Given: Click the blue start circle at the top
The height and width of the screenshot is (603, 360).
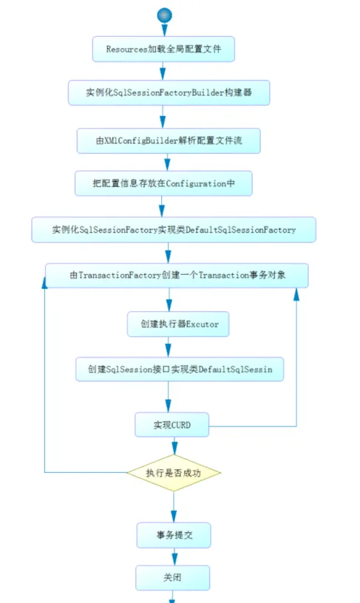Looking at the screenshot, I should coord(164,15).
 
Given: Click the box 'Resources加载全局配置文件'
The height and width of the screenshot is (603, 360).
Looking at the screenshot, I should coord(163,49).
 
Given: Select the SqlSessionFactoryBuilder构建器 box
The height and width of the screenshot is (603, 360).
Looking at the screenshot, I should coord(168,94).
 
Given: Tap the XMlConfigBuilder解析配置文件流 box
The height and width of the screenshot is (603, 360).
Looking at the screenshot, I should coord(169,140).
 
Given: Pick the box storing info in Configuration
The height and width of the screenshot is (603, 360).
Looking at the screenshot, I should coord(163,183).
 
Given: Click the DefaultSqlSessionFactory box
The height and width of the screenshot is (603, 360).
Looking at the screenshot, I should coord(174,230).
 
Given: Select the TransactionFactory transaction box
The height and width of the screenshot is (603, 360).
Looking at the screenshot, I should coord(177,275).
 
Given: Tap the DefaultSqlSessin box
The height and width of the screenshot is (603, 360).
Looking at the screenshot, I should coord(180,369).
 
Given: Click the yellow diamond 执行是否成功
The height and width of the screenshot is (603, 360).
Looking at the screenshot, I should coord(174,472).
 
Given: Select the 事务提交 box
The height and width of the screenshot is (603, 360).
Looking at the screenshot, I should coord(174,534).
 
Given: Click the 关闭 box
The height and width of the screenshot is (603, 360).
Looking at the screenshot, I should coord(172,577).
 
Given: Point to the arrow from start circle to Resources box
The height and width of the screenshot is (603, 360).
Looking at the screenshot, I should coord(163,29).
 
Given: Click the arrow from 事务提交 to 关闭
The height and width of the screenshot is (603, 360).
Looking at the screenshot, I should coord(173,556).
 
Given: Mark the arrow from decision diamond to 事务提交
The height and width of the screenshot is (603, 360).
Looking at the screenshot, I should coord(174,506).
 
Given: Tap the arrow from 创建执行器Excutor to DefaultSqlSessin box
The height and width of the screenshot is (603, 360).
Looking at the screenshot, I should coord(170,347).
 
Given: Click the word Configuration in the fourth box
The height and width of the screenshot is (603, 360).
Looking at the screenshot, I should coord(200,183).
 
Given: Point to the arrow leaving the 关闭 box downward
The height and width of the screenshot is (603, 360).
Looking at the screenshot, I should coord(172,595).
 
